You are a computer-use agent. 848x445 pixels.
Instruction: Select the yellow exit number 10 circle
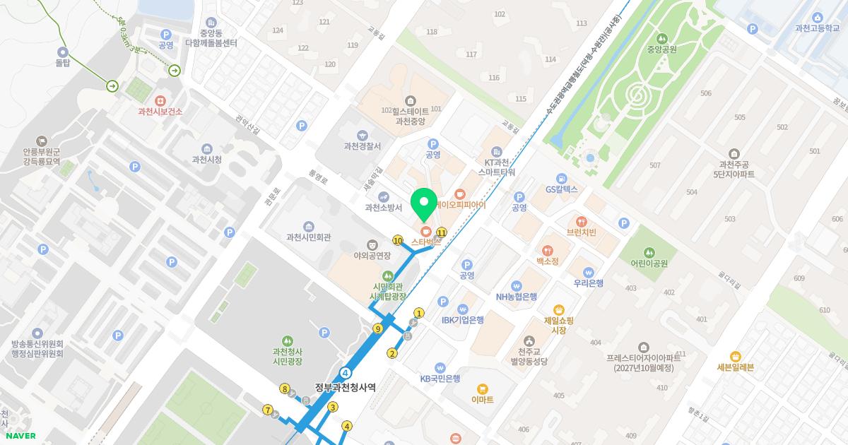coord(398,241)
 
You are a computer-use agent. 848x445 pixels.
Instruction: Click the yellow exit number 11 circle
coord(442,232)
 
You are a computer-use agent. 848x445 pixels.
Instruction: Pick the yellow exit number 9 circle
coord(378,328)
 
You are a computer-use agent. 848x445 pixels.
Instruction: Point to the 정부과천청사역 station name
coord(346,387)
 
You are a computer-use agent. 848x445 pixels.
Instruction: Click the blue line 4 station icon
coord(346,372)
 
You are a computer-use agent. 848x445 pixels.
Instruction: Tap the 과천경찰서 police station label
coord(362,146)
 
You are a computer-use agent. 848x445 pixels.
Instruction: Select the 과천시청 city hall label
coord(207,160)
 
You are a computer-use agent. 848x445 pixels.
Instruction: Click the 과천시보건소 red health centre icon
coord(160,101)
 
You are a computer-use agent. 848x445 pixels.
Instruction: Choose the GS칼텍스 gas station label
coord(562,189)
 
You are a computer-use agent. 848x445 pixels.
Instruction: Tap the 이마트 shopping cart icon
coord(483,389)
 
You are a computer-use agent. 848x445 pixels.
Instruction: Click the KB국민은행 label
coord(440,379)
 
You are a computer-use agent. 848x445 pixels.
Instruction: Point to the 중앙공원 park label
coord(661,49)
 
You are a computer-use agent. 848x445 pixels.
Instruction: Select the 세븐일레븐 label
coord(736,367)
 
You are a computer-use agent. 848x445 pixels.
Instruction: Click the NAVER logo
coord(21,436)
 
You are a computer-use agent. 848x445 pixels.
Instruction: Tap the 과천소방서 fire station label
coord(383,208)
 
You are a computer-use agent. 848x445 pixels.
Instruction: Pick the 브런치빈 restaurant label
coord(582,232)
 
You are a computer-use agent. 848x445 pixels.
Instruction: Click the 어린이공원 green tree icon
coord(649,252)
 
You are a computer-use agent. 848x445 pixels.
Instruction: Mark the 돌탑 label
coord(63,63)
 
